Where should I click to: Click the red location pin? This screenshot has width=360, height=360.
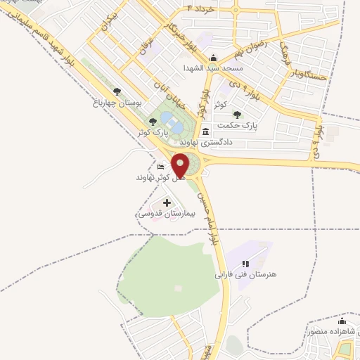point(181,166)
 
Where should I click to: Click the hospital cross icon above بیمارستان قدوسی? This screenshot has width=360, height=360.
point(167,202)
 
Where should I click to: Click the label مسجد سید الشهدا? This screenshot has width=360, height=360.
point(212,68)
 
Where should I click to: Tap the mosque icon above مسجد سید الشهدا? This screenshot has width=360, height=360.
point(214,58)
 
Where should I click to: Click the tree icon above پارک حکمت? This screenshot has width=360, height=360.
point(238,114)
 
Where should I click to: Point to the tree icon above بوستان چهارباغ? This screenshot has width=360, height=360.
point(117,92)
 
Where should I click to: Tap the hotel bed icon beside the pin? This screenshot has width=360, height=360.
point(161,167)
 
